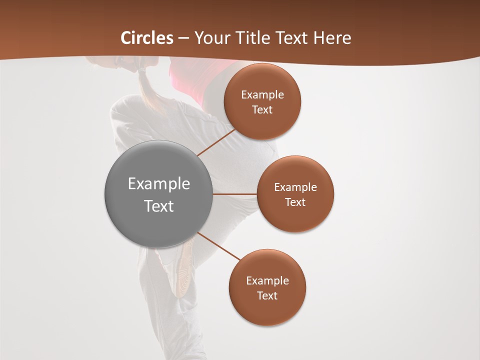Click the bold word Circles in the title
coord(147,38)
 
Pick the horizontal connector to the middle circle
coord(235,194)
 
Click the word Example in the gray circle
coord(159,184)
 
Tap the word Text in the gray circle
coord(159,206)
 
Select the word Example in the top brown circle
coord(262,95)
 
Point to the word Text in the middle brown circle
coord(295,202)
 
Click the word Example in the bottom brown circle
coord(267,281)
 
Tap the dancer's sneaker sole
coord(183,270)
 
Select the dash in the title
coord(183,38)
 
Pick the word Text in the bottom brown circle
coord(267,296)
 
